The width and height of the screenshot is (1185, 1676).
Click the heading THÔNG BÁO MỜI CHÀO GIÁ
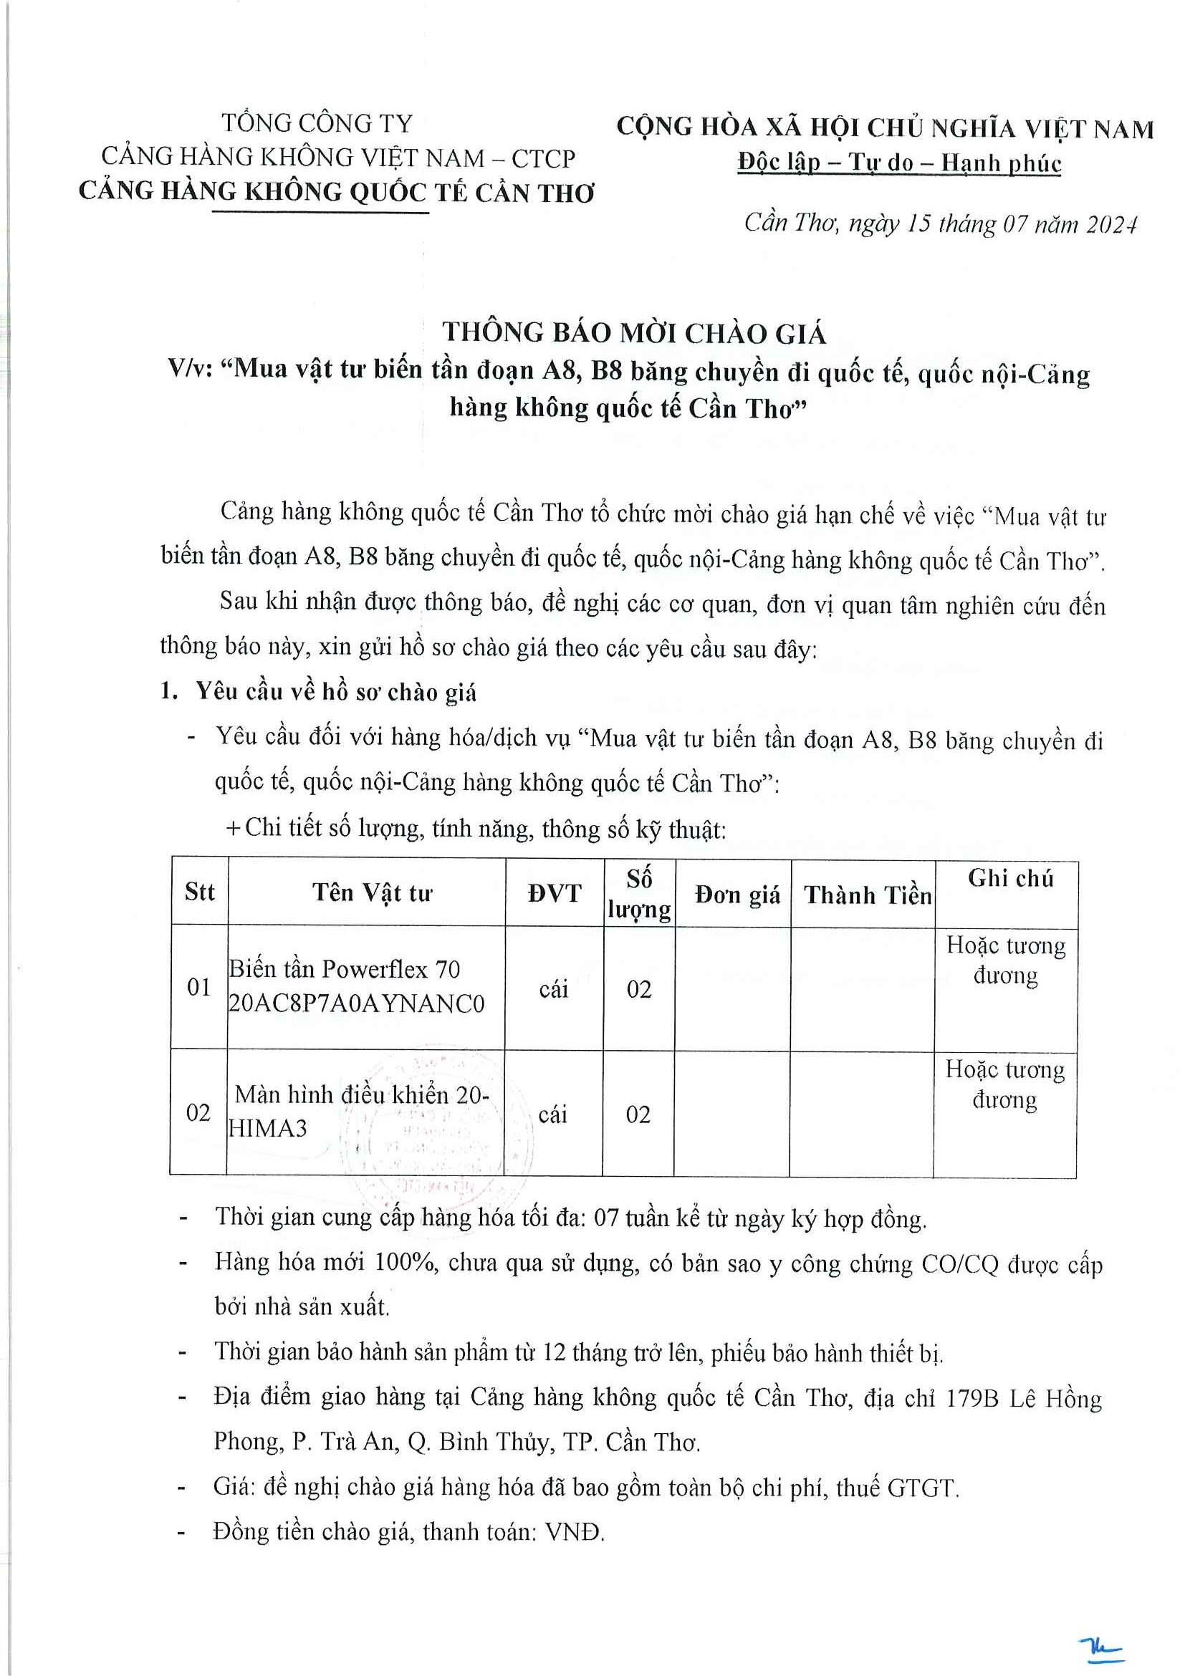(x=634, y=333)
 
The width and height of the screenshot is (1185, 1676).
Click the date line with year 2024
(x=940, y=223)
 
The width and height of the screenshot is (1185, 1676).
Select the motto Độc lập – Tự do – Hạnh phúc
(x=899, y=162)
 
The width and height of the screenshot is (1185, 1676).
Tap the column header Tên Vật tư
(x=373, y=892)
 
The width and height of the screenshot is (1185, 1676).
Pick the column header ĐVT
(x=554, y=892)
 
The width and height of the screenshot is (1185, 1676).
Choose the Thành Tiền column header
(x=868, y=895)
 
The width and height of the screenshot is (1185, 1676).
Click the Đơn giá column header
(x=737, y=894)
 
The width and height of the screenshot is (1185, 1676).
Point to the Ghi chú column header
(x=1010, y=878)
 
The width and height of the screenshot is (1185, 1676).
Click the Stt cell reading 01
(x=198, y=987)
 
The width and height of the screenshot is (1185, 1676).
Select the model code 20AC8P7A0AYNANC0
(x=356, y=1003)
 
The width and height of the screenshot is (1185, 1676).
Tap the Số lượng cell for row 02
(x=638, y=1114)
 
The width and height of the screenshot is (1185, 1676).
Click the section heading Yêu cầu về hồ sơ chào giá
(x=335, y=691)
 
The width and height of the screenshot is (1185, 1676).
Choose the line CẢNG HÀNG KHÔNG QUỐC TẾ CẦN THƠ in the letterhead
(x=336, y=191)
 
